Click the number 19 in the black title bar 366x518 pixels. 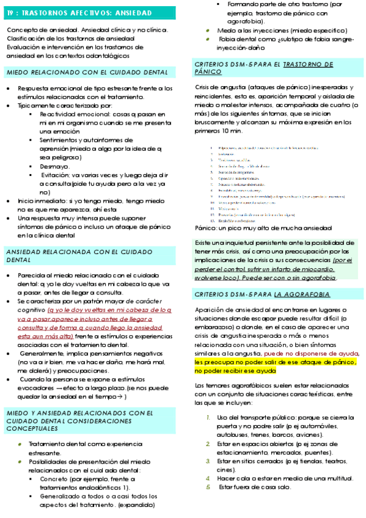[10, 10]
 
